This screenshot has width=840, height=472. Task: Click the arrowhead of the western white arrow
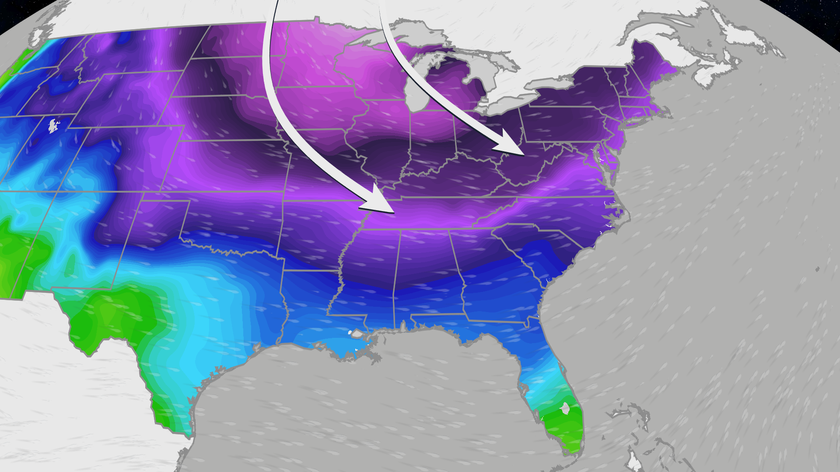click(x=381, y=203)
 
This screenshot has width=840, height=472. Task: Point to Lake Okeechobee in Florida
click(x=565, y=409)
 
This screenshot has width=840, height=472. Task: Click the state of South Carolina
click(x=542, y=249)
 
